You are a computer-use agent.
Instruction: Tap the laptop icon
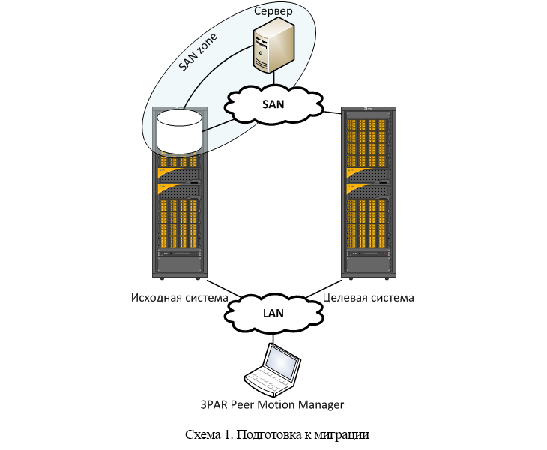[273, 368]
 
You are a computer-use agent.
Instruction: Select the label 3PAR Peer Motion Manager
[273, 404]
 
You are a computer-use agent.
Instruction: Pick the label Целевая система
[368, 298]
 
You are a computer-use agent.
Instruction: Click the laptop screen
[283, 363]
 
